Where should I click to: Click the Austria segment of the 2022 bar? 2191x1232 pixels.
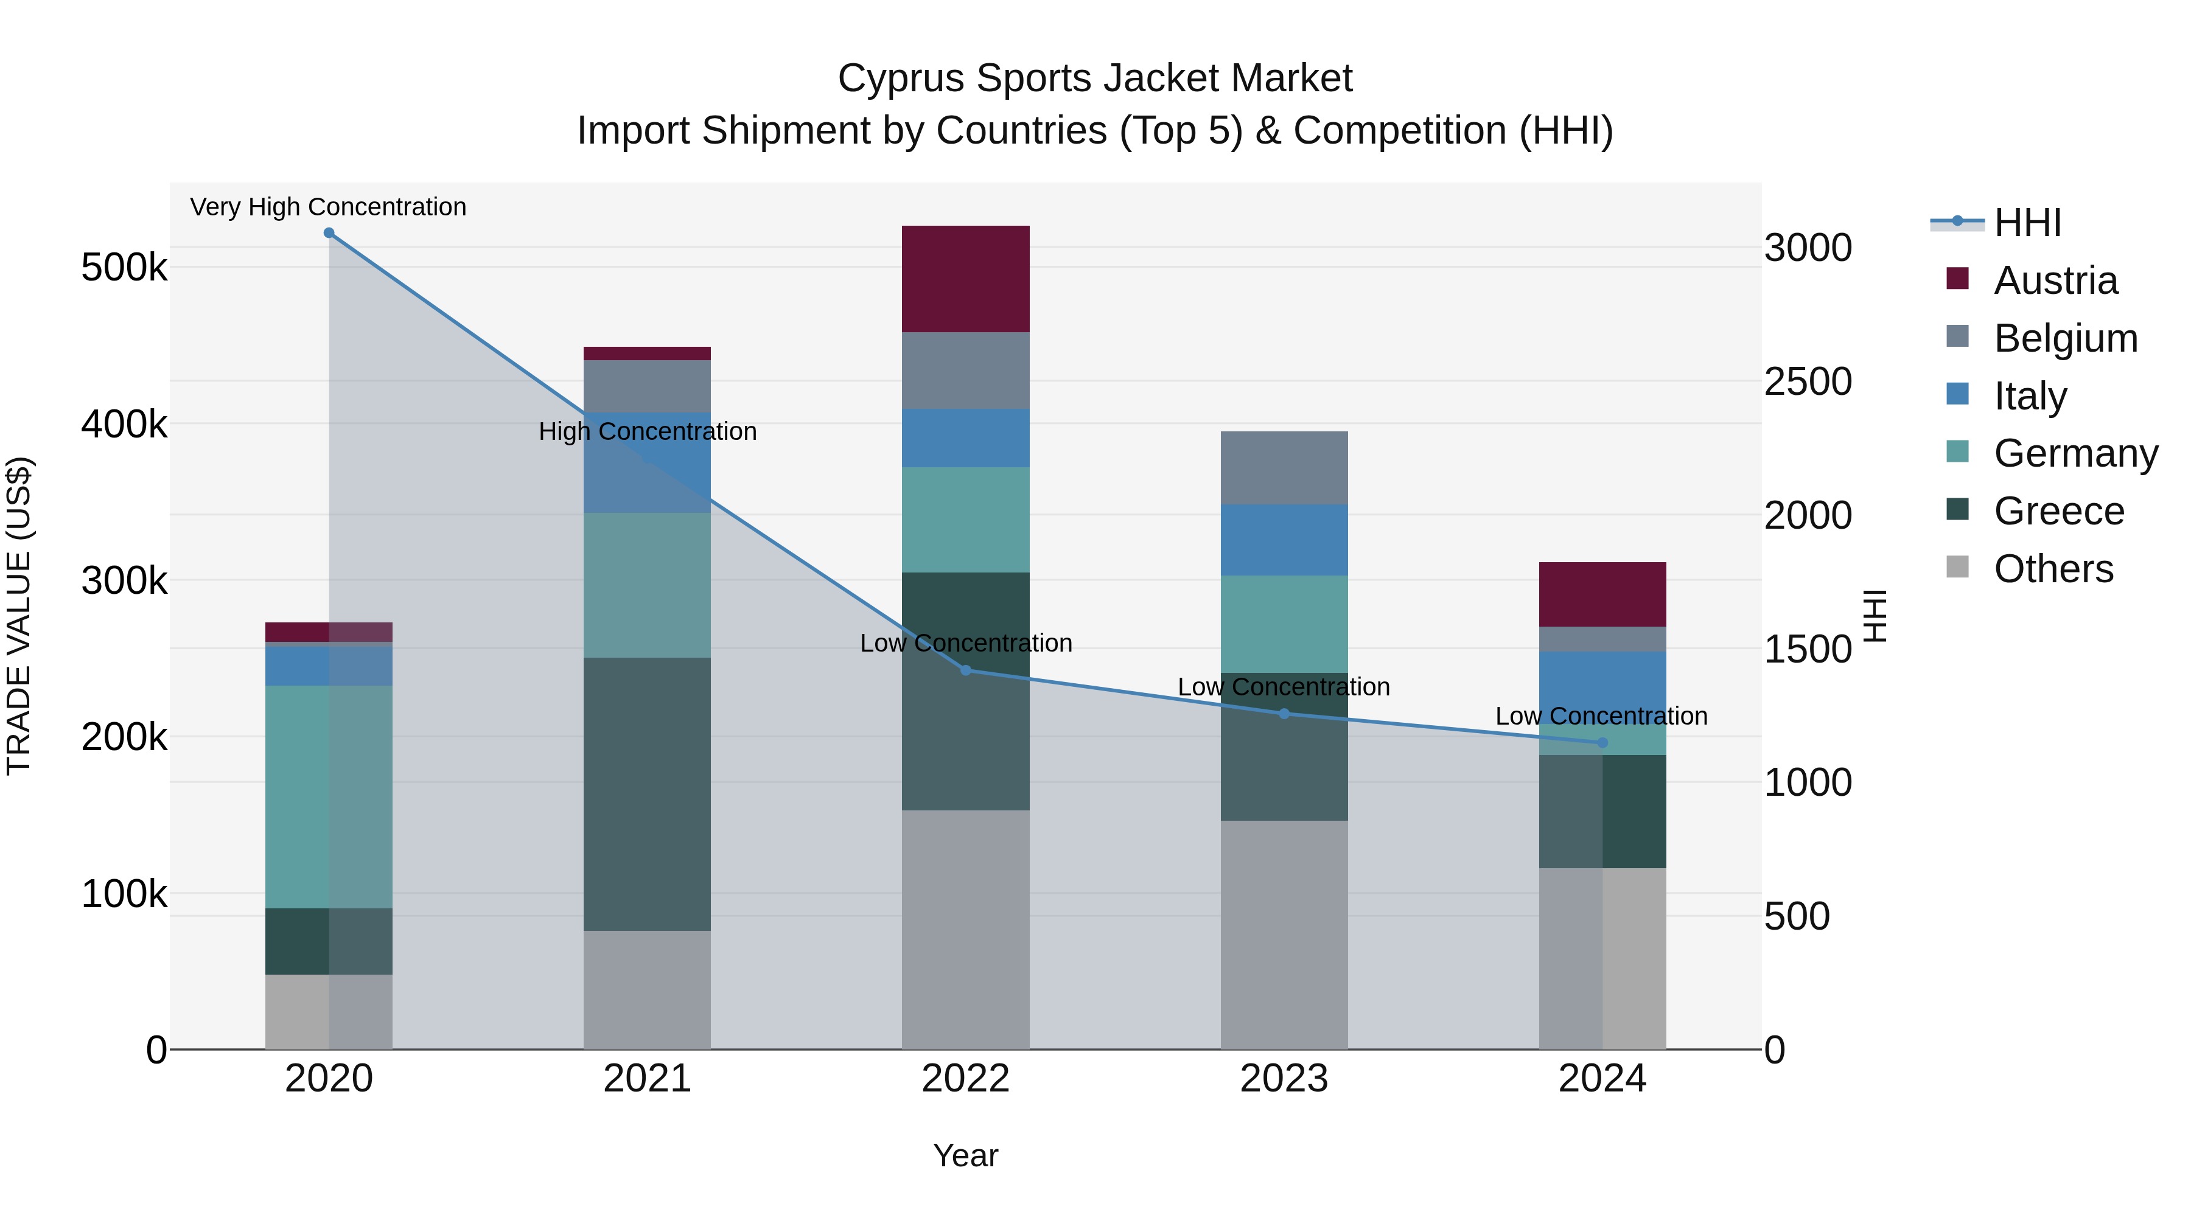tap(965, 279)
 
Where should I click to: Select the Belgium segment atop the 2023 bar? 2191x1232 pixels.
tap(1284, 468)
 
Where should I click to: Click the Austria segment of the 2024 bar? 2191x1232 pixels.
tap(1602, 594)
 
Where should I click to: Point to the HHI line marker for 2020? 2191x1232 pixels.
tap(329, 233)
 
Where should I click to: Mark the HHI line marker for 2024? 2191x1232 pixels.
tap(1602, 743)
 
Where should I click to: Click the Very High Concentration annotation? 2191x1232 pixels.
tap(328, 207)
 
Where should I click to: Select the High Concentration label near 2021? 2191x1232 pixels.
tap(648, 432)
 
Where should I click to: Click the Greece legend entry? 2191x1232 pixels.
tap(2058, 512)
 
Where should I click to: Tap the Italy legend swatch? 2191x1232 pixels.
tap(1957, 394)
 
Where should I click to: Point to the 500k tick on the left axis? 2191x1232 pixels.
tap(124, 268)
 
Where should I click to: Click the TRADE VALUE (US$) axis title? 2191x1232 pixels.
tap(19, 616)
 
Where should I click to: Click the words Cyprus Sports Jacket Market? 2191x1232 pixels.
tap(1095, 78)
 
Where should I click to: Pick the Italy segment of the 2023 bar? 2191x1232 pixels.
tap(1284, 540)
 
